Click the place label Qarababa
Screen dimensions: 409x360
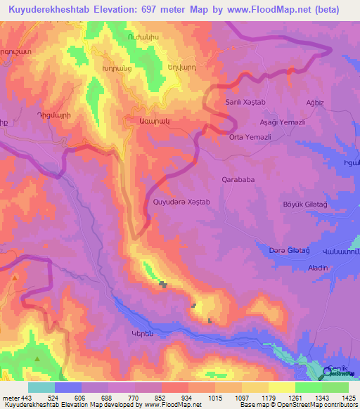pos(238,178)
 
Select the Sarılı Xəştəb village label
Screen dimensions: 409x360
pos(244,103)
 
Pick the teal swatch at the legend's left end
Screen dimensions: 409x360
pos(41,387)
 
